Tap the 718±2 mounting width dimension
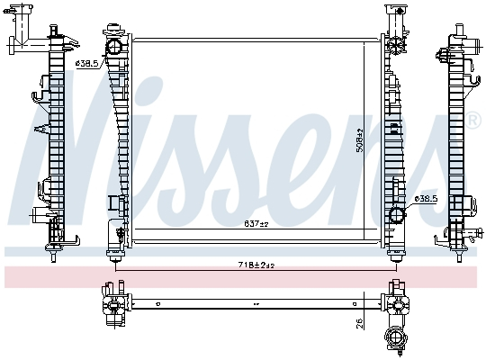click(256, 265)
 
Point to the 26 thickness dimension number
click(360, 321)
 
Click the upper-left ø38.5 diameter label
click(86, 63)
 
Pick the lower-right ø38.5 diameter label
click(426, 198)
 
